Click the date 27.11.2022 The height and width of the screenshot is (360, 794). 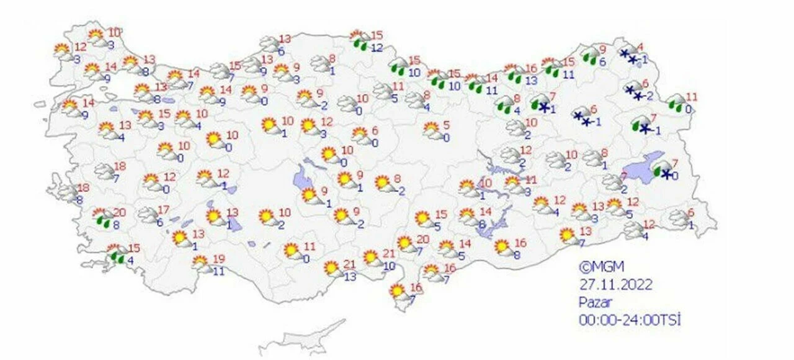tap(615, 285)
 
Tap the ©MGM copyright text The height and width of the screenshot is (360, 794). tap(601, 268)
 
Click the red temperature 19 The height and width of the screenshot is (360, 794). tap(218, 259)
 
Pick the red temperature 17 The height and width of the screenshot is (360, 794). tap(164, 210)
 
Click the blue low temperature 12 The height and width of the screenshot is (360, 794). tap(376, 48)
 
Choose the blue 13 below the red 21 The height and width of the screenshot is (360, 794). tap(350, 276)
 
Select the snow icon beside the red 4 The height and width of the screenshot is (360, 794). tap(629, 56)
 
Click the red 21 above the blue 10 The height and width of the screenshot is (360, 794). tap(389, 253)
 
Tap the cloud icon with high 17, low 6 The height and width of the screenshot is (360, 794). tap(148, 215)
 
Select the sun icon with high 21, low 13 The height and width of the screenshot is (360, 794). tap(332, 268)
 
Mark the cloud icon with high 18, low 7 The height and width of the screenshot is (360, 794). tap(104, 171)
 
